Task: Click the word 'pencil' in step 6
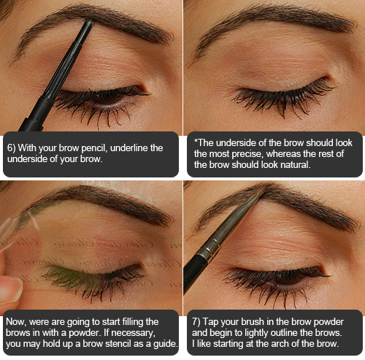coord(94,148)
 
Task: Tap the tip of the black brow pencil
coord(89,21)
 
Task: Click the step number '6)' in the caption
coord(11,148)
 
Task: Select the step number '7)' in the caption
coord(196,322)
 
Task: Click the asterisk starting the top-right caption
coord(196,141)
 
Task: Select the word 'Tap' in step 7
coord(210,322)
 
